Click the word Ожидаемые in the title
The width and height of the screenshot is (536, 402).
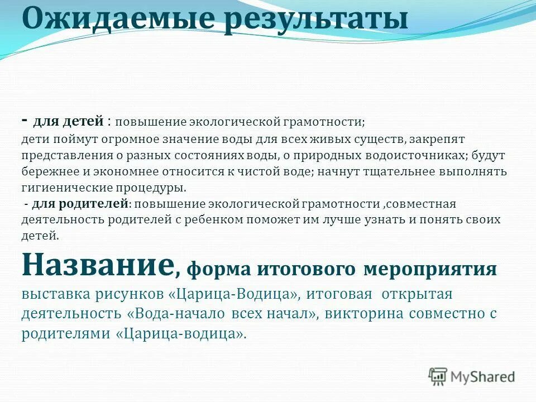pos(117,20)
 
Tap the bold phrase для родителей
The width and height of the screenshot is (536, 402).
pos(81,204)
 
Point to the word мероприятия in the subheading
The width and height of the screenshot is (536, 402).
pos(430,269)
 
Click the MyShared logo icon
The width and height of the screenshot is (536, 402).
pos(438,376)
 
